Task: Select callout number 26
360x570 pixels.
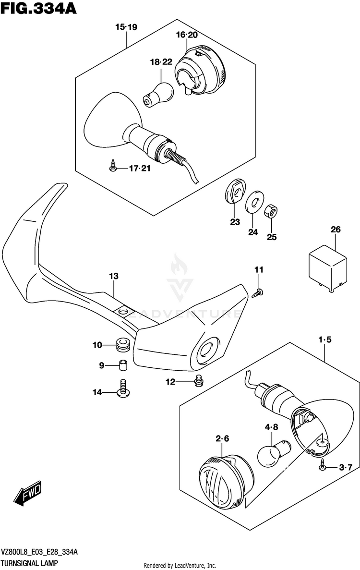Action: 335,230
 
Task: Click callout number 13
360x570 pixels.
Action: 113,276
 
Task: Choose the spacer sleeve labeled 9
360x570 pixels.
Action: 122,365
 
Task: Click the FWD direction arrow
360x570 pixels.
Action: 28,495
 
